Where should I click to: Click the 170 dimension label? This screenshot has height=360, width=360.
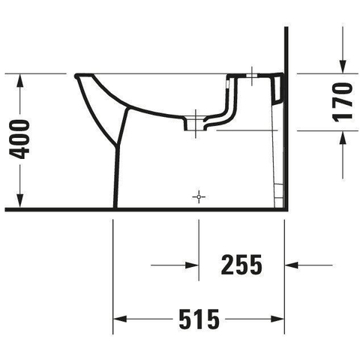tap(343, 103)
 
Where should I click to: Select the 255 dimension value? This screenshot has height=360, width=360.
tap(241, 265)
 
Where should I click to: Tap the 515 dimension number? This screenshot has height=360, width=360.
tap(199, 319)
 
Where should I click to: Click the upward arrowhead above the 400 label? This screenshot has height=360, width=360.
tap(20, 80)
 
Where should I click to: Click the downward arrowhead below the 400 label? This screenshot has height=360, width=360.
tap(20, 201)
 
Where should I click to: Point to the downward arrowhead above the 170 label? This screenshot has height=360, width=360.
tap(343, 67)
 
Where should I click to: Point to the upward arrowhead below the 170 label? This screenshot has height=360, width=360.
tap(343, 137)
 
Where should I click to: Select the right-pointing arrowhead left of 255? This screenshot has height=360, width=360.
tap(192, 265)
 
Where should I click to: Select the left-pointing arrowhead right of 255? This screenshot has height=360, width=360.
tap(292, 265)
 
